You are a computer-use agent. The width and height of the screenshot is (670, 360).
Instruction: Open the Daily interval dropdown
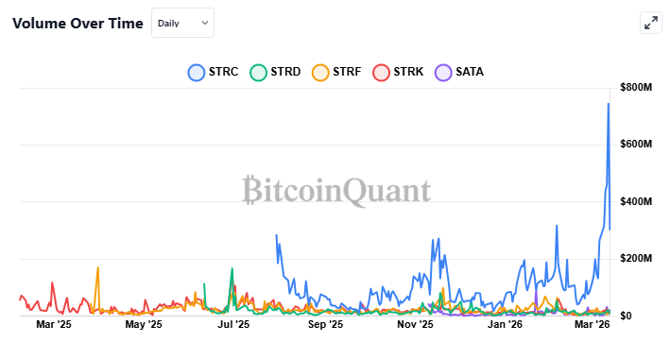(x=182, y=23)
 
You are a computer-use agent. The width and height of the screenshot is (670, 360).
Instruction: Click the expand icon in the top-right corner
(x=650, y=24)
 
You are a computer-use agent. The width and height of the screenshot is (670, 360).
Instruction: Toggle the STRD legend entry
(x=275, y=72)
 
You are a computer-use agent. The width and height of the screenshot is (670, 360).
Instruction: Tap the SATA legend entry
(x=459, y=72)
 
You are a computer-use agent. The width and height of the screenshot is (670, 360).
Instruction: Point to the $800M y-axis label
(x=635, y=88)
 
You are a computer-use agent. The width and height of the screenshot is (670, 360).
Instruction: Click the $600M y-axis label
(x=635, y=145)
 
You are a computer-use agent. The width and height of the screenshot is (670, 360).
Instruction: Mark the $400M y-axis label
(x=635, y=201)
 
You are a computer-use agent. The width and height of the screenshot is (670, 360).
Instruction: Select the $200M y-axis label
(x=635, y=258)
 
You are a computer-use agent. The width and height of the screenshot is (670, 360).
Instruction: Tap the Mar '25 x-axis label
(x=53, y=326)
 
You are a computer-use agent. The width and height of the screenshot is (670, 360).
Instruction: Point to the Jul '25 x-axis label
(x=233, y=326)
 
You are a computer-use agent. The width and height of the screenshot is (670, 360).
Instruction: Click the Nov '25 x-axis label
(x=414, y=326)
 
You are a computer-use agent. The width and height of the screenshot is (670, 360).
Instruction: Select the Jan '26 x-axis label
(x=505, y=326)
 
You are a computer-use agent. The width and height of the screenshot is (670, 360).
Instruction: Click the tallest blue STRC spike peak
(x=608, y=103)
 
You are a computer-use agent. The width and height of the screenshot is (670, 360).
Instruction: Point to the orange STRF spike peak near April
(x=97, y=267)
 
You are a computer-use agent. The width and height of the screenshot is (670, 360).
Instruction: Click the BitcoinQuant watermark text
(x=336, y=191)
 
